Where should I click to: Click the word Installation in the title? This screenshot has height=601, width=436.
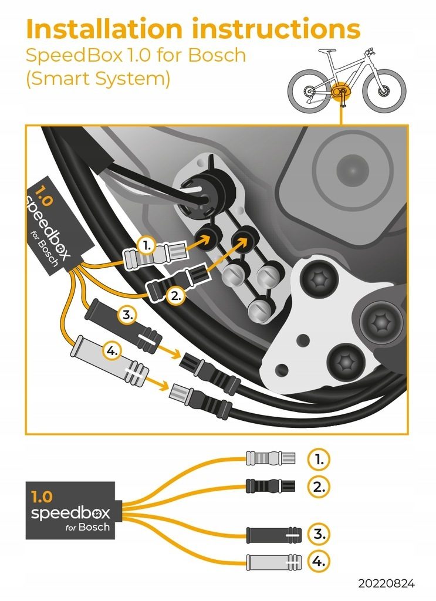point(104,29)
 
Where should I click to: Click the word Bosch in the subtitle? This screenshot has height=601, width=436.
point(217,55)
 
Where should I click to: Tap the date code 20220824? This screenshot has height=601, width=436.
point(386,584)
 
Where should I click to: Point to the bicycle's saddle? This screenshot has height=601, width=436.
point(327,51)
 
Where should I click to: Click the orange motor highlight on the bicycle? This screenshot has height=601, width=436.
point(339,92)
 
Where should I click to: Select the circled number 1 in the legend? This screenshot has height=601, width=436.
point(319,459)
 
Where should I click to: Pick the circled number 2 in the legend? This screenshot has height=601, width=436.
point(319,487)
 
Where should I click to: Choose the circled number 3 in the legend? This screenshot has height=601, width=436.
point(319,534)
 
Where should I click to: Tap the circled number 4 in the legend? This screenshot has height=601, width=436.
point(319,562)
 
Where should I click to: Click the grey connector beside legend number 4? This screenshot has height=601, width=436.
point(274,562)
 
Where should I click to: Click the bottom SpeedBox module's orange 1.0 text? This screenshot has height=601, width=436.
point(42,497)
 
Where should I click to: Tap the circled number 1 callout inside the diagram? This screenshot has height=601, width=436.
point(146,247)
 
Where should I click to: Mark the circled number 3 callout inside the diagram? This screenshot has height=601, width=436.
point(127,315)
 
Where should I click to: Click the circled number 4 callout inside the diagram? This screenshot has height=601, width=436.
point(112,351)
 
